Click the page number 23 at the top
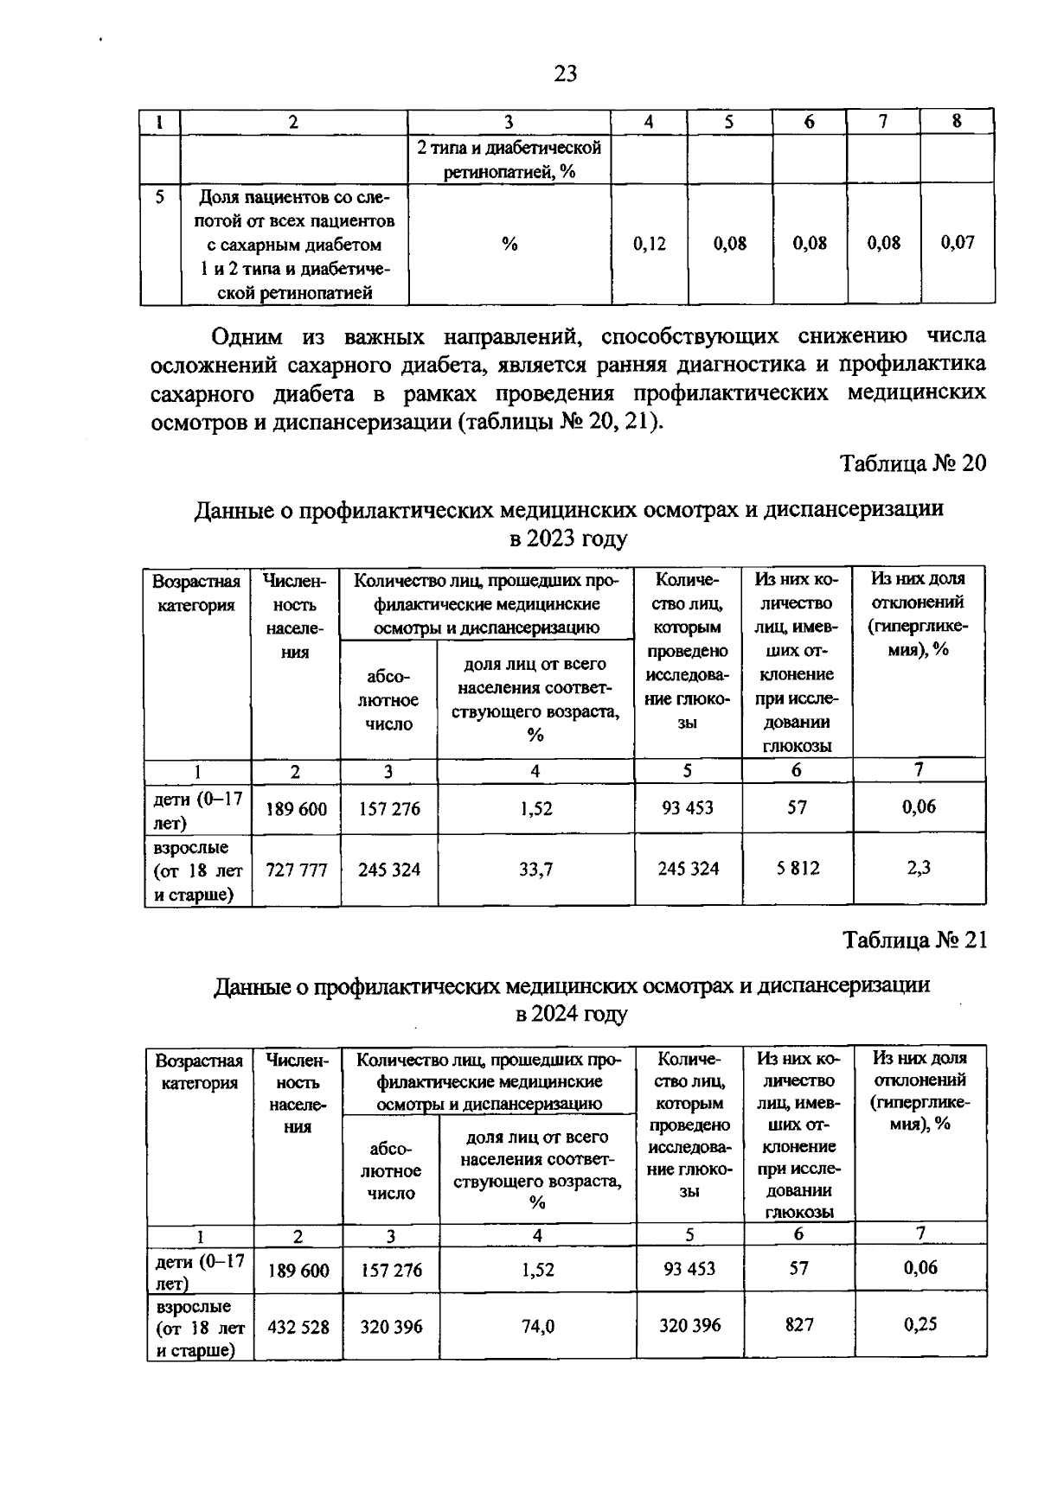pyautogui.click(x=565, y=74)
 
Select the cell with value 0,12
pyautogui.click(x=649, y=244)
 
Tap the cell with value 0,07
pyautogui.click(x=958, y=242)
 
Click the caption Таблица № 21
pyautogui.click(x=915, y=940)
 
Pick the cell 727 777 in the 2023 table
pyautogui.click(x=297, y=870)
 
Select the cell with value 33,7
pyautogui.click(x=535, y=870)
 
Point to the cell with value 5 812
pyautogui.click(x=797, y=868)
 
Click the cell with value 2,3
pyautogui.click(x=919, y=867)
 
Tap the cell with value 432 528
pyautogui.click(x=298, y=1326)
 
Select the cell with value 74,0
pyautogui.click(x=537, y=1326)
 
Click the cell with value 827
pyautogui.click(x=798, y=1324)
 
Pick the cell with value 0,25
pyautogui.click(x=920, y=1323)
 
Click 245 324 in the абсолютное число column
pyautogui.click(x=389, y=870)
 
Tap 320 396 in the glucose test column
pyautogui.click(x=689, y=1325)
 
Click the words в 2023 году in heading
pyautogui.click(x=567, y=539)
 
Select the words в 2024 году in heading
pyautogui.click(x=571, y=1013)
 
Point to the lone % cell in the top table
pyautogui.click(x=509, y=245)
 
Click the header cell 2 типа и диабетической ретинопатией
pyautogui.click(x=509, y=159)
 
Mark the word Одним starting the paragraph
pyautogui.click(x=247, y=335)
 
